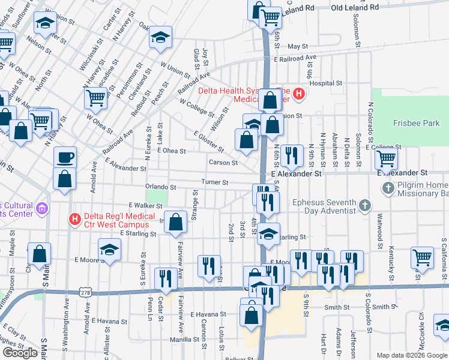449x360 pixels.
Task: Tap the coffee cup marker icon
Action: [65, 158]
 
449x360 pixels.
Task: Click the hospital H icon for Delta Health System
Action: [299, 94]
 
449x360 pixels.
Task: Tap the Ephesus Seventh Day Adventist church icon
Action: [363, 206]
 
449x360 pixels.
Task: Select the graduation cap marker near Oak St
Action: [160, 37]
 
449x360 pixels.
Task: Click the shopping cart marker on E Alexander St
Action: [385, 158]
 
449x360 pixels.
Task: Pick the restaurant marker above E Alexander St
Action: [292, 155]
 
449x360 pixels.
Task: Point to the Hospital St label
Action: [325, 84]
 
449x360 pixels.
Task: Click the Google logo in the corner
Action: [20, 353]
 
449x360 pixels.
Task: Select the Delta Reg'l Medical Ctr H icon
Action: [74, 219]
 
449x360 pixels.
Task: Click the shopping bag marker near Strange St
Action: [175, 222]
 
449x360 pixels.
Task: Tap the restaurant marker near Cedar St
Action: [164, 278]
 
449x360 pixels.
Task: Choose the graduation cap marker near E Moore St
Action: [109, 250]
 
